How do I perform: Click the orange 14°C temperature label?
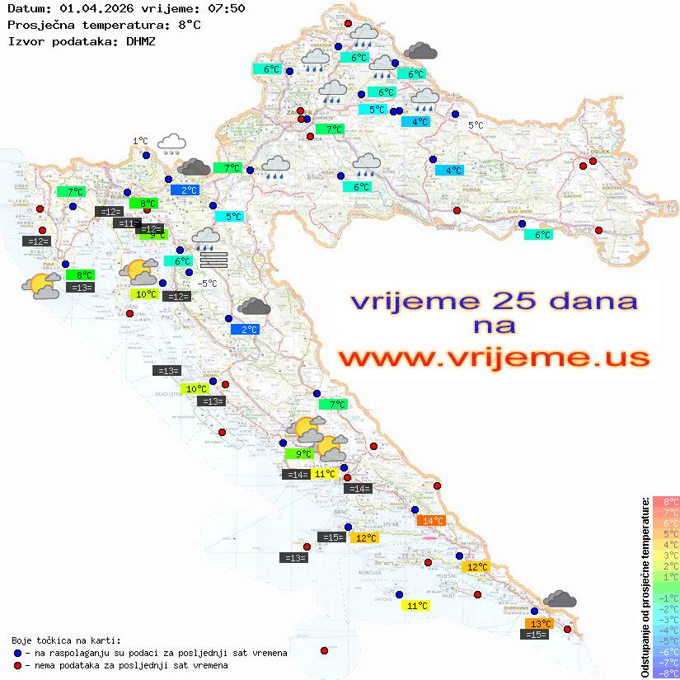pyautogui.click(x=432, y=520)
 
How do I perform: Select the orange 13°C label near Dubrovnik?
pyautogui.click(x=540, y=623)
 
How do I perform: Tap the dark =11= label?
pyautogui.click(x=127, y=223)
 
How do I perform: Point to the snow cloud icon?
pyautogui.click(x=171, y=144)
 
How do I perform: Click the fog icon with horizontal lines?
pyautogui.click(x=213, y=259)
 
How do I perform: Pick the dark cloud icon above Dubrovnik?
pyautogui.click(x=560, y=599)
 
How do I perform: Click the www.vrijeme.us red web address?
pyautogui.click(x=494, y=358)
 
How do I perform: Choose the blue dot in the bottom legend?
pyautogui.click(x=17, y=653)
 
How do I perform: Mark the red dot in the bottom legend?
pyautogui.click(x=17, y=665)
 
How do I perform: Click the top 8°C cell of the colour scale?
pyautogui.click(x=666, y=501)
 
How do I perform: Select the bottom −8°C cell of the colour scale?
pyautogui.click(x=666, y=673)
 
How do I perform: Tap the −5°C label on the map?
pyautogui.click(x=207, y=284)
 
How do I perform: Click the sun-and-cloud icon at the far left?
pyautogui.click(x=41, y=285)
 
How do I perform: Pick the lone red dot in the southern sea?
pyautogui.click(x=324, y=650)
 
